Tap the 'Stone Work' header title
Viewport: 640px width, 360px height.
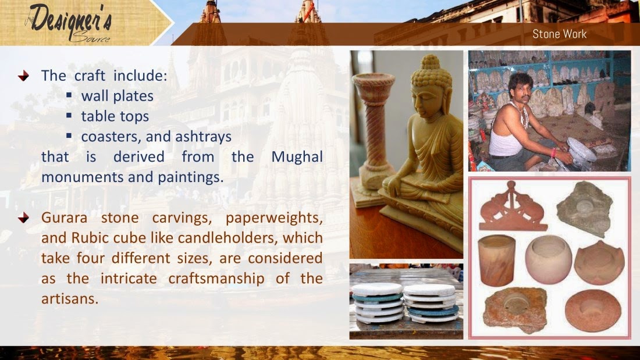559,34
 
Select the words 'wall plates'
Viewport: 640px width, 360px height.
117,96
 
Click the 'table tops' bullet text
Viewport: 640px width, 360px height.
115,116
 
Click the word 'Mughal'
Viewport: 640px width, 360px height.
297,157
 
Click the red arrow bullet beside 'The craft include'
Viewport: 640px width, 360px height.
23,76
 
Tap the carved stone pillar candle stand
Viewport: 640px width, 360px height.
374,134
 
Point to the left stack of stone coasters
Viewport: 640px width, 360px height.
376,302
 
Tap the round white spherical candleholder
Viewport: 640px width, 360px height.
548,259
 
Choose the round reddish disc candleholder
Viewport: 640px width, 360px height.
593,309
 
